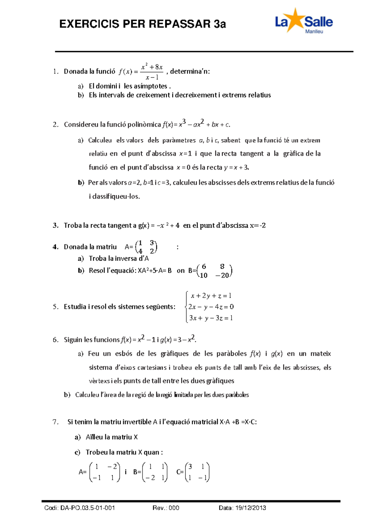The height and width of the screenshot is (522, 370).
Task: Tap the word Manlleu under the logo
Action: tap(314, 31)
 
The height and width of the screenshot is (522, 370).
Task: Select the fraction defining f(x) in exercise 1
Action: tap(152, 72)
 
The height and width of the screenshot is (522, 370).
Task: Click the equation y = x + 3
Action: tap(236, 167)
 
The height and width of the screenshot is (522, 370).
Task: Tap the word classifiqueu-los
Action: tap(114, 196)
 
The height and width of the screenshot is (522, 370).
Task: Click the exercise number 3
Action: tap(55, 225)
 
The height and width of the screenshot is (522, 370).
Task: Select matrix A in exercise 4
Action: tap(146, 247)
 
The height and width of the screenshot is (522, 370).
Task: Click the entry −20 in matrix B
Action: tap(222, 275)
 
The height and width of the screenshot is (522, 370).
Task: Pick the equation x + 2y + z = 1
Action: tap(211, 296)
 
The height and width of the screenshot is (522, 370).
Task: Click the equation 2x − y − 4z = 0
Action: tap(211, 307)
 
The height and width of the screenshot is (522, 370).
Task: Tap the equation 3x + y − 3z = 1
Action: tap(211, 318)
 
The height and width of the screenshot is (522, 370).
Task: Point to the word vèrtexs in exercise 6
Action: tap(99, 381)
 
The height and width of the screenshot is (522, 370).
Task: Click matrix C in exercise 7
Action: tap(197, 472)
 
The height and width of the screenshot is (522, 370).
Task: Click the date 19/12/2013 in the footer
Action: tap(250, 508)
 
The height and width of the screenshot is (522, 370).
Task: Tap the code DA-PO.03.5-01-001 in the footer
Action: tap(88, 508)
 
